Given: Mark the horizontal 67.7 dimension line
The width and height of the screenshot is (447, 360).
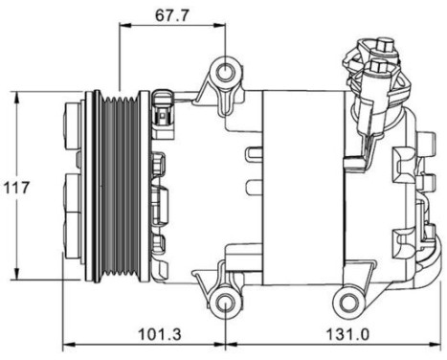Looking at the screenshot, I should point(172,28).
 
